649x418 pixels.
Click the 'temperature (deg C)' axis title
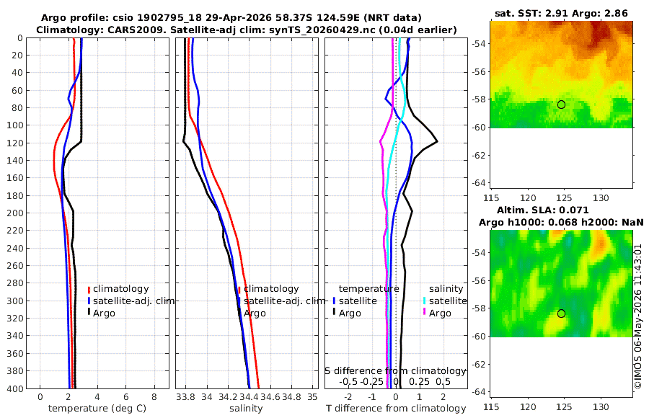[97, 409]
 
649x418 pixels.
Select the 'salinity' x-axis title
[246, 409]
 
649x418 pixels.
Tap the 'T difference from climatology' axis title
[396, 409]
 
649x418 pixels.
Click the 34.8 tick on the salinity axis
[291, 397]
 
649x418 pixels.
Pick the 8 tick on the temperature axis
[154, 397]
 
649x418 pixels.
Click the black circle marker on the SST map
[561, 104]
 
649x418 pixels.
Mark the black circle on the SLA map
[561, 313]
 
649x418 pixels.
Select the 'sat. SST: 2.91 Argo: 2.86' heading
[561, 13]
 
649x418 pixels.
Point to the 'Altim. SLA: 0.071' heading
[542, 210]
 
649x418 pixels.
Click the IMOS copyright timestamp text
[638, 316]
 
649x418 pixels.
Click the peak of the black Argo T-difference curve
[437, 142]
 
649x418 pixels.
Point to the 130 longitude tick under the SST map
[601, 198]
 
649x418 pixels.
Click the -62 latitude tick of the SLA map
[477, 364]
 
